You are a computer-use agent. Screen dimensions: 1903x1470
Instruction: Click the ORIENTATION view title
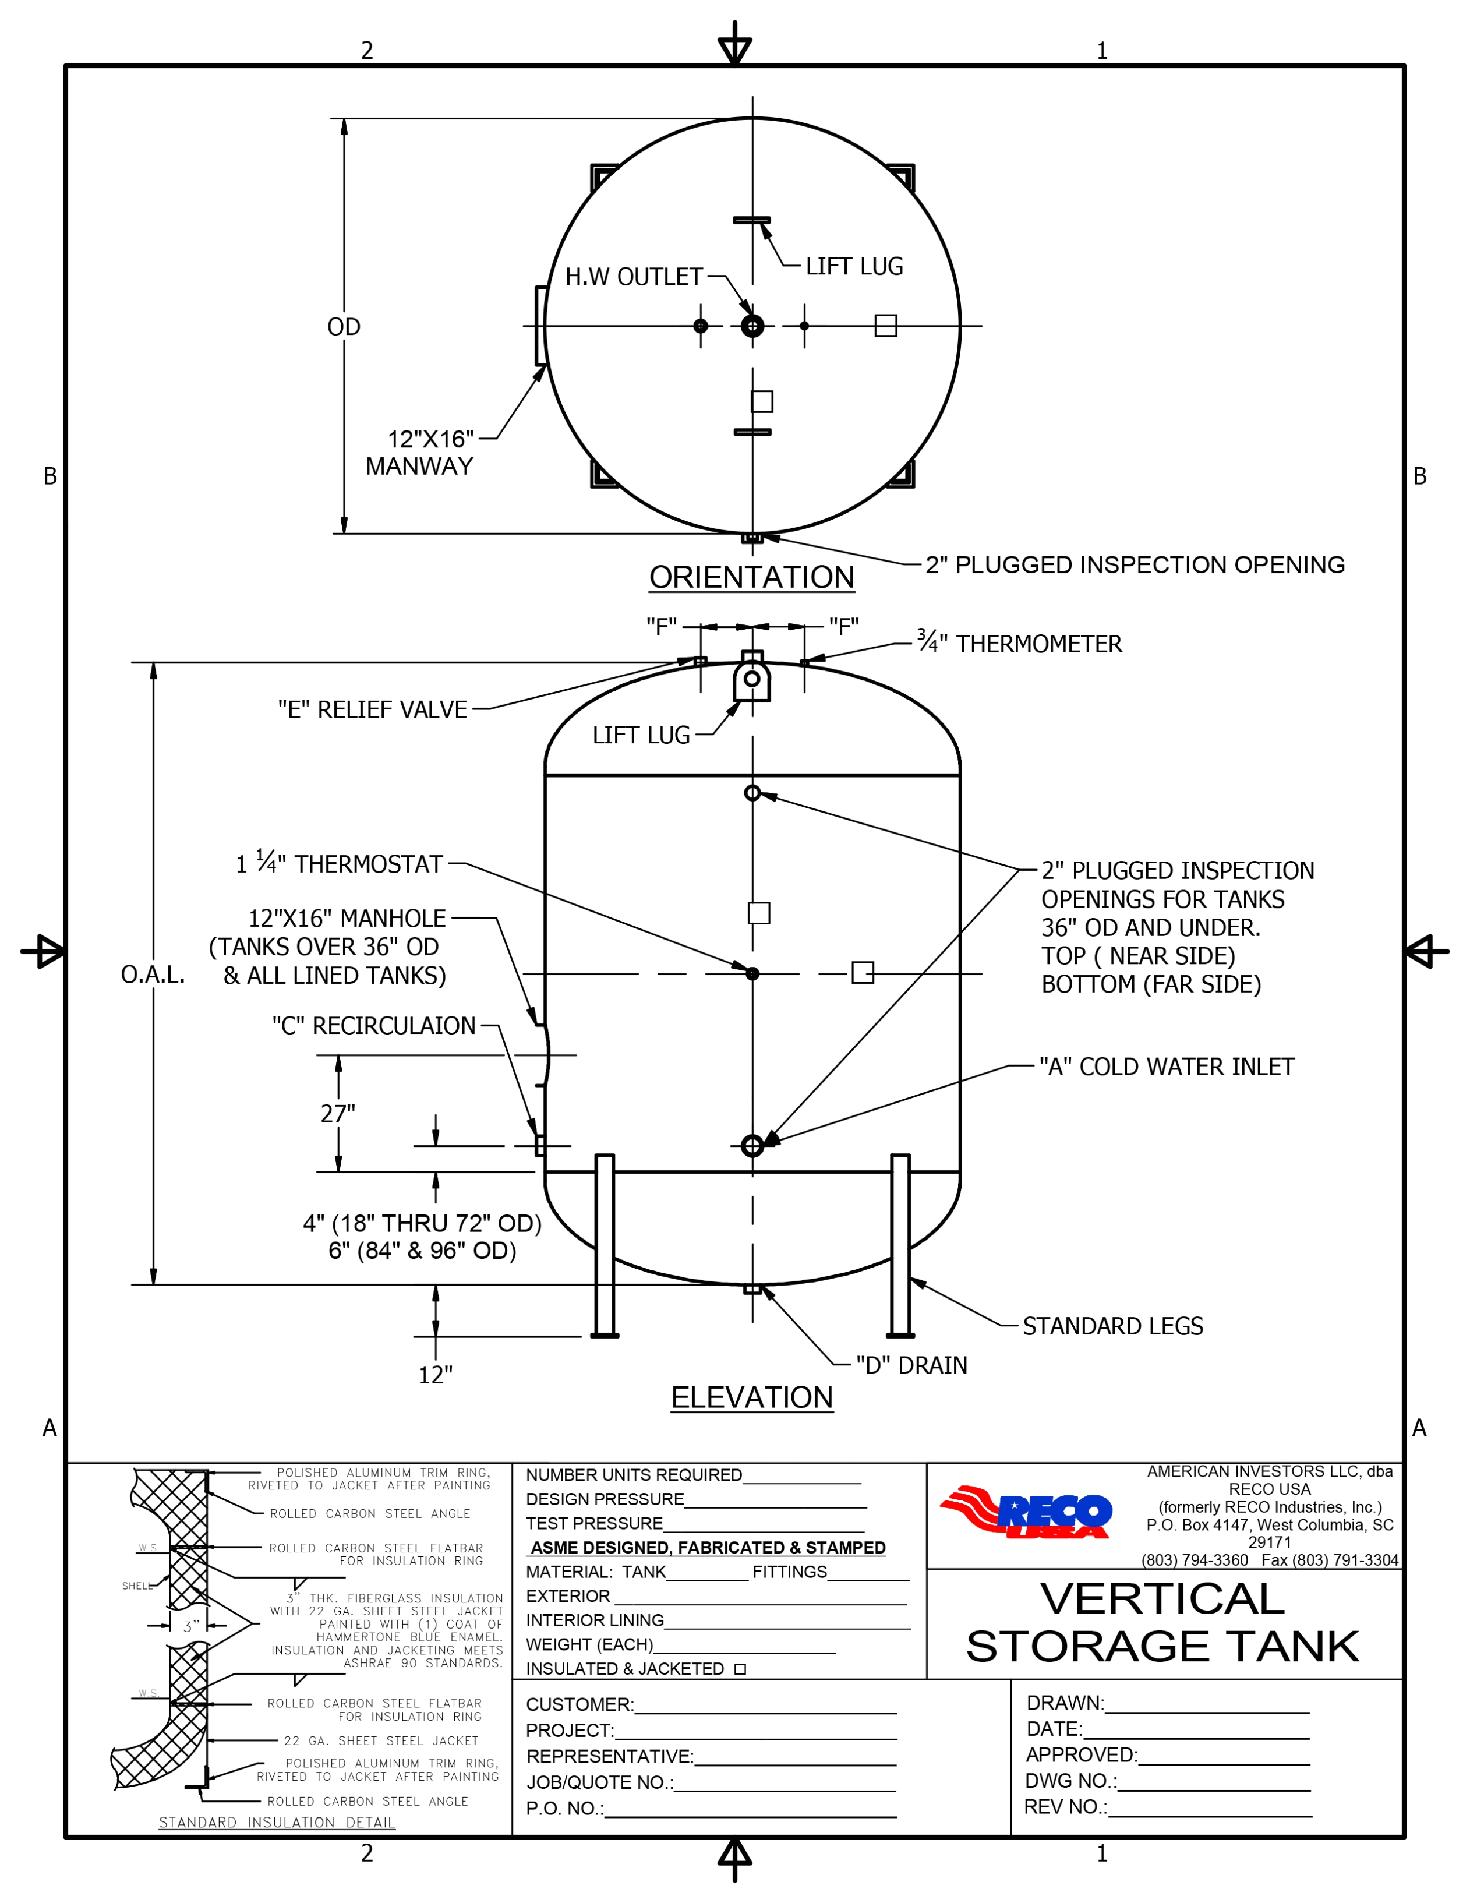[x=751, y=577]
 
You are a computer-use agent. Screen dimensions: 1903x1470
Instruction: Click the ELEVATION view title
[x=751, y=1397]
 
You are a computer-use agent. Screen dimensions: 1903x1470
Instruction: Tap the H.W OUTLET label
[x=634, y=277]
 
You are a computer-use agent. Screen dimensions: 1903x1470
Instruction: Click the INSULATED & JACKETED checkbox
[x=740, y=1669]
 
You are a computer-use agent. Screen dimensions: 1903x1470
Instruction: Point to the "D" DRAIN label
[x=910, y=1365]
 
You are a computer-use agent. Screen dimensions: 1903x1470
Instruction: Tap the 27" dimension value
[x=338, y=1114]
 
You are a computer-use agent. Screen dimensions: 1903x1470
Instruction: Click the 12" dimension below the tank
[x=436, y=1375]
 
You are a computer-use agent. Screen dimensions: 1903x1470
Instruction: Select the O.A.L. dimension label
[x=153, y=974]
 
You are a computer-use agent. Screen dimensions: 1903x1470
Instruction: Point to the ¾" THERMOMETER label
[x=1019, y=643]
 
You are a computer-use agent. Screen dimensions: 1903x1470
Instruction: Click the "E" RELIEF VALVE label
[x=372, y=709]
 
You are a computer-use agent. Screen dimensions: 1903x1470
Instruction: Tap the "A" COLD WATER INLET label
[x=1166, y=1067]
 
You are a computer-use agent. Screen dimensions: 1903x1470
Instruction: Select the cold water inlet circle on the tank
[x=752, y=1146]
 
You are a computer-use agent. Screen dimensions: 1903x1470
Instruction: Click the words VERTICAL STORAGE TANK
[x=1162, y=1622]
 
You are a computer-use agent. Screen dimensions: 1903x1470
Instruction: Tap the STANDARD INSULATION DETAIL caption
[x=277, y=1822]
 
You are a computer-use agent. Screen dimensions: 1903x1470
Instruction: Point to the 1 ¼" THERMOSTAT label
[x=339, y=863]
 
